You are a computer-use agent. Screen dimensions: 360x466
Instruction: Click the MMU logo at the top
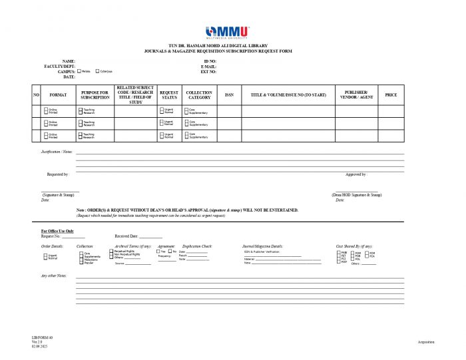(228, 32)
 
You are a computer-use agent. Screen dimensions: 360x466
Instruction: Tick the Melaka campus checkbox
(80, 71)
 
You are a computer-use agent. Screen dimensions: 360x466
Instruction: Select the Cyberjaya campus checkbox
(98, 71)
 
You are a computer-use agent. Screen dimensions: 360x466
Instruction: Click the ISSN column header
(229, 95)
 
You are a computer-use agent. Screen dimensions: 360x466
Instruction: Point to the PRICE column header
(391, 95)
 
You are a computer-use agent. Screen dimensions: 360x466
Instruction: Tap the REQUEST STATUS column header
(169, 95)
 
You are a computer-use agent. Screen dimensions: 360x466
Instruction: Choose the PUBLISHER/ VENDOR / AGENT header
(357, 95)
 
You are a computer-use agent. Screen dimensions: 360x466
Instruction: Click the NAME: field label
(69, 61)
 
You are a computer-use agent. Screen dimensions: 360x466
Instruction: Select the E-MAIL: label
(208, 67)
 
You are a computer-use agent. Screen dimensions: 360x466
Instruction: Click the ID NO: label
(210, 61)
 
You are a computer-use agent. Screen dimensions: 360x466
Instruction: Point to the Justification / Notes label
(57, 152)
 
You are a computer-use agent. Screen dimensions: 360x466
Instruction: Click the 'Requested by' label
(58, 174)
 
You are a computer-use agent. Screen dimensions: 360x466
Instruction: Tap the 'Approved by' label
(356, 174)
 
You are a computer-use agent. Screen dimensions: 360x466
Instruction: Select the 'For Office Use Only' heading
(57, 231)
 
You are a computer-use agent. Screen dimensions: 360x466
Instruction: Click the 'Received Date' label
(126, 236)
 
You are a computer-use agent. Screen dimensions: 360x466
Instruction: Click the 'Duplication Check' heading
(197, 246)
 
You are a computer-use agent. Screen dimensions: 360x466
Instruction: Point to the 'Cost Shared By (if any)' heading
(354, 246)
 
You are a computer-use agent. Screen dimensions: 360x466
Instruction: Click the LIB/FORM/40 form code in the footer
(41, 338)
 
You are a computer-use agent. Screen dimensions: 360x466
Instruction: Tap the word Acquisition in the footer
(426, 342)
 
